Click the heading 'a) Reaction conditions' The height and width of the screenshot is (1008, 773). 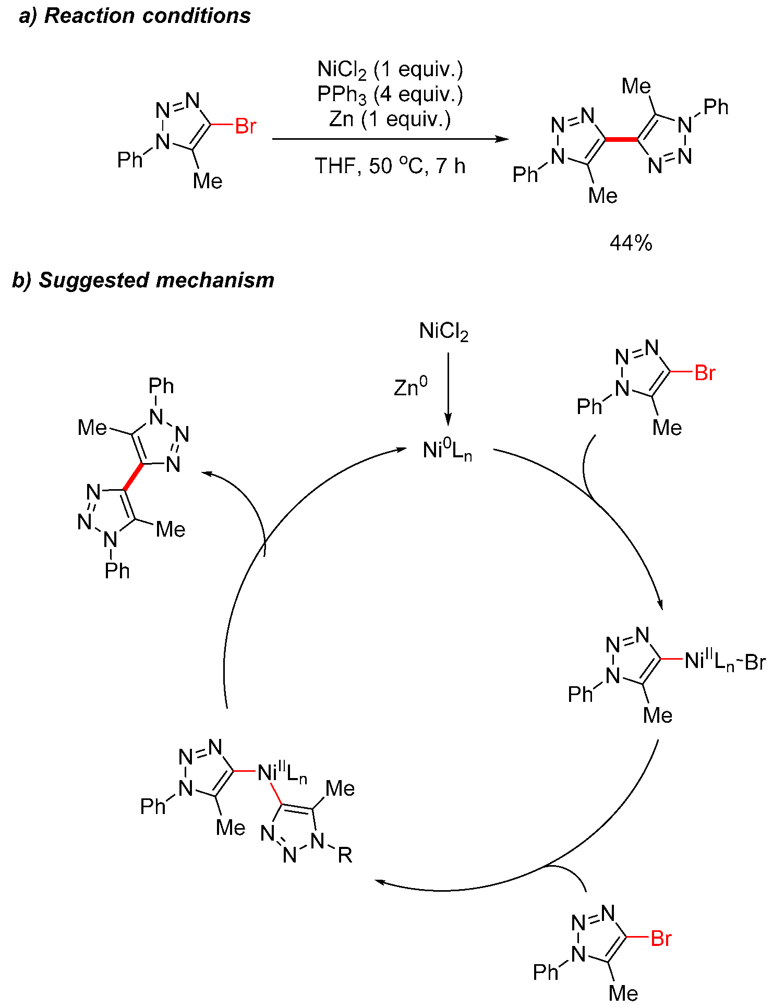point(135,16)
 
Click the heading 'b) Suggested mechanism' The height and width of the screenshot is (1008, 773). point(143,281)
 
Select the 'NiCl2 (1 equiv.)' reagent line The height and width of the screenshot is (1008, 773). point(390,69)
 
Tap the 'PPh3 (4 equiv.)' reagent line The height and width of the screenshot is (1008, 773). point(390,94)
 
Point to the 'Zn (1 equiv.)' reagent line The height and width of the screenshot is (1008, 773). point(390,119)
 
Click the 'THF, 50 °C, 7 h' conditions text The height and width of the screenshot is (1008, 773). point(390,166)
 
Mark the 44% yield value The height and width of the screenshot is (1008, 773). point(631,243)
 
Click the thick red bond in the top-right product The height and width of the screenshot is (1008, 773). point(621,139)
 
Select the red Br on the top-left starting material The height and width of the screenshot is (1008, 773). point(246,126)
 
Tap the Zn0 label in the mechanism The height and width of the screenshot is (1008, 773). point(410,387)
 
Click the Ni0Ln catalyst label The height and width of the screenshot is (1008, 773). point(447,450)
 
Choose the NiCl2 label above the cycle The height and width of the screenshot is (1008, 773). point(444,332)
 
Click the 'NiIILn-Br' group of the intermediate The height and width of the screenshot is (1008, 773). point(724,661)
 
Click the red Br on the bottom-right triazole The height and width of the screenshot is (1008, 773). point(661,939)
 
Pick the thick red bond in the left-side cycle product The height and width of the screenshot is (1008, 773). point(134,477)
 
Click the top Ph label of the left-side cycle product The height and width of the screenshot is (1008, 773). point(161,386)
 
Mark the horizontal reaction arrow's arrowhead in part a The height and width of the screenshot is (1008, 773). point(502,139)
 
